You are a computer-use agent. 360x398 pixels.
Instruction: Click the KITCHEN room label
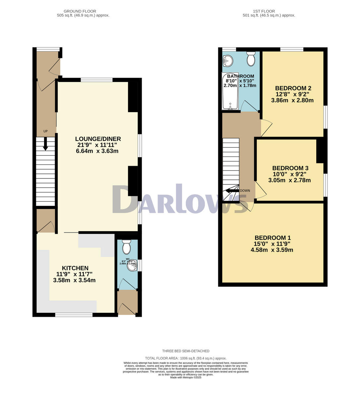pos(75,268)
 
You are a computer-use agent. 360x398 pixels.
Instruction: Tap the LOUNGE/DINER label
pos(98,139)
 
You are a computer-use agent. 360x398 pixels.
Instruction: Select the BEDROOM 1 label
pos(272,238)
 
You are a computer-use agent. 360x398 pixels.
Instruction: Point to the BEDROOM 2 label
pos(293,88)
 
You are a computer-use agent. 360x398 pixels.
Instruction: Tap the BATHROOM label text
pos(240,76)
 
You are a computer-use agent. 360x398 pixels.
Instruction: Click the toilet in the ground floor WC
pos(126,246)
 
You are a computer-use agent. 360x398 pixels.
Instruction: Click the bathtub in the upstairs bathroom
pos(230,91)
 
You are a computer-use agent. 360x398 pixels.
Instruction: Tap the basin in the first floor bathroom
pos(228,60)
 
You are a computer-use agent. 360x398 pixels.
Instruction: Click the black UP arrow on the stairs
pos(45,143)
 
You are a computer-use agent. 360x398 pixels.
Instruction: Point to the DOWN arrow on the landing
pos(232,191)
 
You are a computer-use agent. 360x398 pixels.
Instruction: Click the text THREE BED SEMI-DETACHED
pos(186,351)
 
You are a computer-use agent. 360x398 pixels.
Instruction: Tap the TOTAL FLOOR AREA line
pos(186,358)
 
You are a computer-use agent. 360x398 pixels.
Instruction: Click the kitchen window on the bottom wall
pos(74,314)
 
